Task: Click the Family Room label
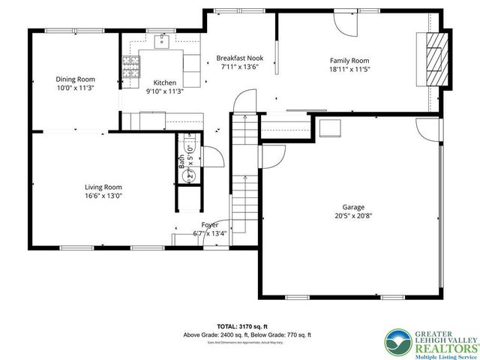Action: [350, 61]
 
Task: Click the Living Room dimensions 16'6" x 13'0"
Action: [103, 196]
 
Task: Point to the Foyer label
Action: [209, 224]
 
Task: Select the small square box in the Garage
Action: [328, 128]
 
